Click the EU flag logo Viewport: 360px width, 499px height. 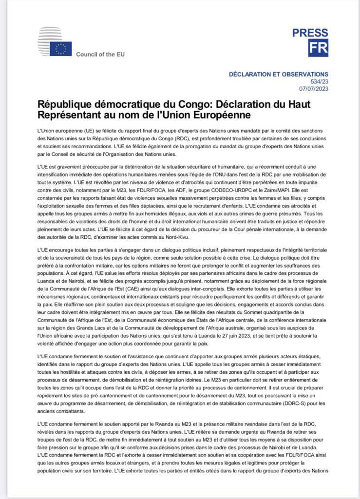click(x=61, y=49)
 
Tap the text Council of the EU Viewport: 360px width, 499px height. click(x=100, y=54)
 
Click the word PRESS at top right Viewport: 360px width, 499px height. click(x=310, y=33)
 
